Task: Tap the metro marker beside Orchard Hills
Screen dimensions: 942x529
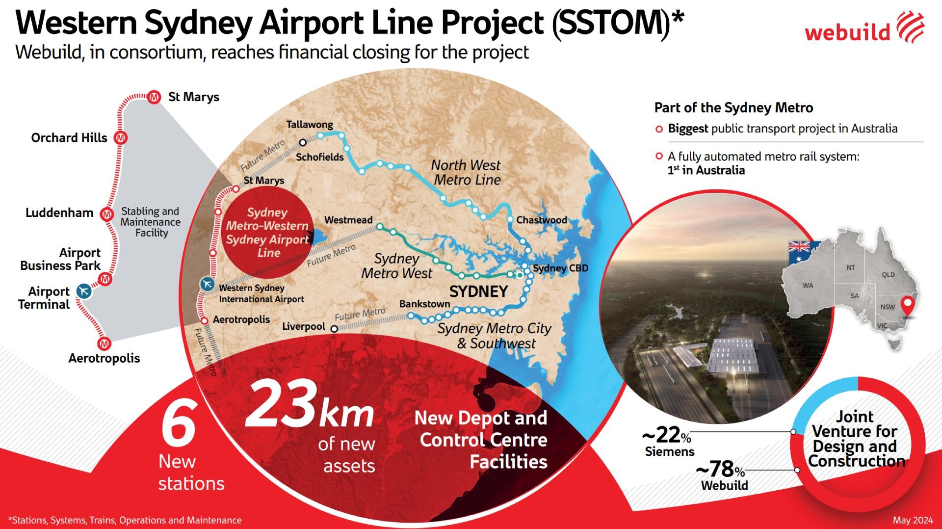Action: pos(120,138)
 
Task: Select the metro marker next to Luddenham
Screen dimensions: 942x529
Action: pos(106,214)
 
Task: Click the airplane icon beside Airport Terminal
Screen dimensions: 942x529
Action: pos(84,291)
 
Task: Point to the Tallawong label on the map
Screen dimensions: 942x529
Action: pos(310,124)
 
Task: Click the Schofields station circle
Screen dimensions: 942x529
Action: pos(303,143)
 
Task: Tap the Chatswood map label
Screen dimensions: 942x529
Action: pos(541,220)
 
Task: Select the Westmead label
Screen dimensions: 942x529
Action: pos(348,220)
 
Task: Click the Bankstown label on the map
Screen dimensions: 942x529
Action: pos(424,304)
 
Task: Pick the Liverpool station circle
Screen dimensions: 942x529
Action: pos(334,329)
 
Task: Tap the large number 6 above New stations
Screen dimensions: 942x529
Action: pos(179,424)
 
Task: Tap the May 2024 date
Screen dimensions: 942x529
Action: pos(913,520)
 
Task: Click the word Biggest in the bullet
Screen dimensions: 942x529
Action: pos(688,129)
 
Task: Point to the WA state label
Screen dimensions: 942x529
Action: pos(808,286)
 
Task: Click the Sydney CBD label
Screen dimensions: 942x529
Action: pos(560,268)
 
